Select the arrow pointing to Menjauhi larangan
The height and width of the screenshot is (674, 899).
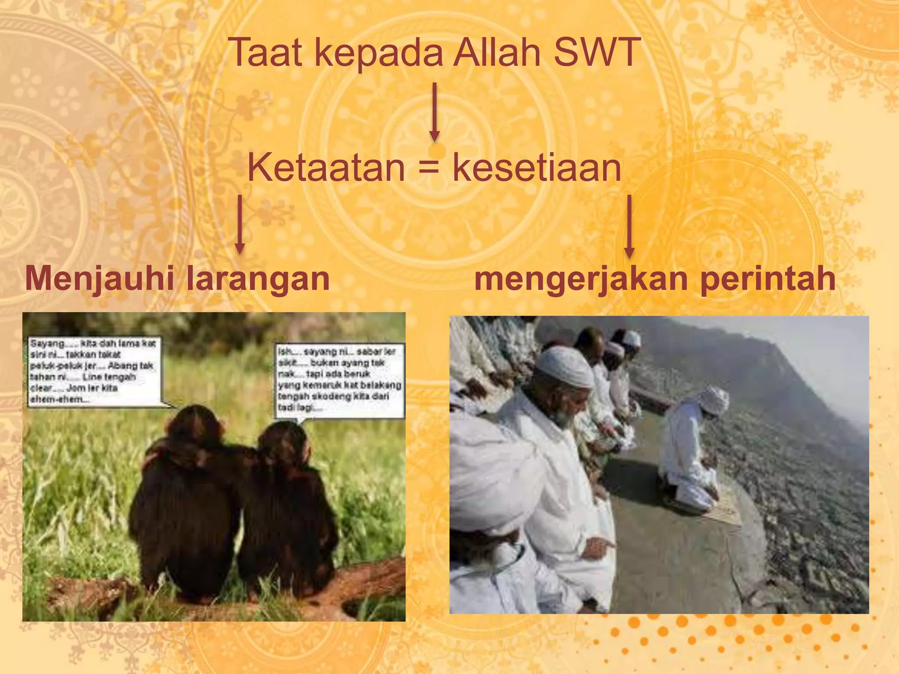click(240, 224)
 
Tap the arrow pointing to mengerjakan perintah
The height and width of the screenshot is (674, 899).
click(629, 226)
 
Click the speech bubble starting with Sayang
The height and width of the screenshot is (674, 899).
click(93, 371)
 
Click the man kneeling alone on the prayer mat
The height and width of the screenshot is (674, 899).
click(689, 452)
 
